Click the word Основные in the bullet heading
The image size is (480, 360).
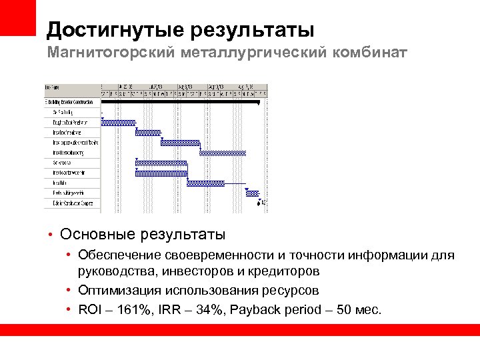(97, 235)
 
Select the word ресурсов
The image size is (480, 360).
(291, 291)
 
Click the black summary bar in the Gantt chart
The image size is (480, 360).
(180, 103)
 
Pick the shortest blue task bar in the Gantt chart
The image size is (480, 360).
(252, 193)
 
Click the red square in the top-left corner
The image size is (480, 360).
(17, 17)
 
